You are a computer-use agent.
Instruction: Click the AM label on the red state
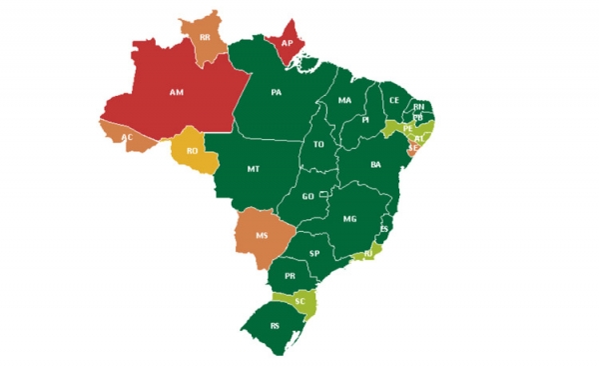(177, 92)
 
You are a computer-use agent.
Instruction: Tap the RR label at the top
(205, 37)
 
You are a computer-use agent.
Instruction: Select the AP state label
(287, 44)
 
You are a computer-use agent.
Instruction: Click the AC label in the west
(127, 137)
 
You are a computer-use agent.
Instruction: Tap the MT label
(254, 170)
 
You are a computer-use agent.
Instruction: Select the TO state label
(320, 144)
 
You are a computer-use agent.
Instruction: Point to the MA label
(345, 101)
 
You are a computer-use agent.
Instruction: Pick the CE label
(394, 100)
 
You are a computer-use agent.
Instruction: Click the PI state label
(365, 119)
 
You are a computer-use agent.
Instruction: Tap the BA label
(376, 164)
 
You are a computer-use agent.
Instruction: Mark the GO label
(308, 196)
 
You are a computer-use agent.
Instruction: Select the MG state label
(349, 218)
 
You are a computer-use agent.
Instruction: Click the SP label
(314, 253)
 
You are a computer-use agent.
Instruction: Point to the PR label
(290, 275)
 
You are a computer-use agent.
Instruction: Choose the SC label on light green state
(299, 299)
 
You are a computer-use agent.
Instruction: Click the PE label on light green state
(407, 128)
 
